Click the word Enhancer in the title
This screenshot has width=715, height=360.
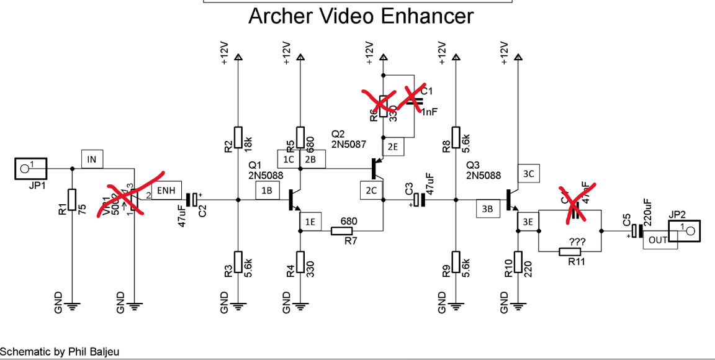pos(423,17)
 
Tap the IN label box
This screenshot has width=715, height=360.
pos(92,160)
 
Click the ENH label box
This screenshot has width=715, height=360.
pos(166,191)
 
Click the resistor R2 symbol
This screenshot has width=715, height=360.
pos(238,138)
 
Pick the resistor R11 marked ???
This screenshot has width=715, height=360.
pos(570,251)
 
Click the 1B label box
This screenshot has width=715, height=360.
pos(267,191)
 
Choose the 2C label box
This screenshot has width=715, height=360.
pos(371,191)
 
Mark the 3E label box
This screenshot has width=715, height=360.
pos(528,222)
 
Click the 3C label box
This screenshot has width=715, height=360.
pos(528,174)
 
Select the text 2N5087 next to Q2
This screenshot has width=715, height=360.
pos(349,144)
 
